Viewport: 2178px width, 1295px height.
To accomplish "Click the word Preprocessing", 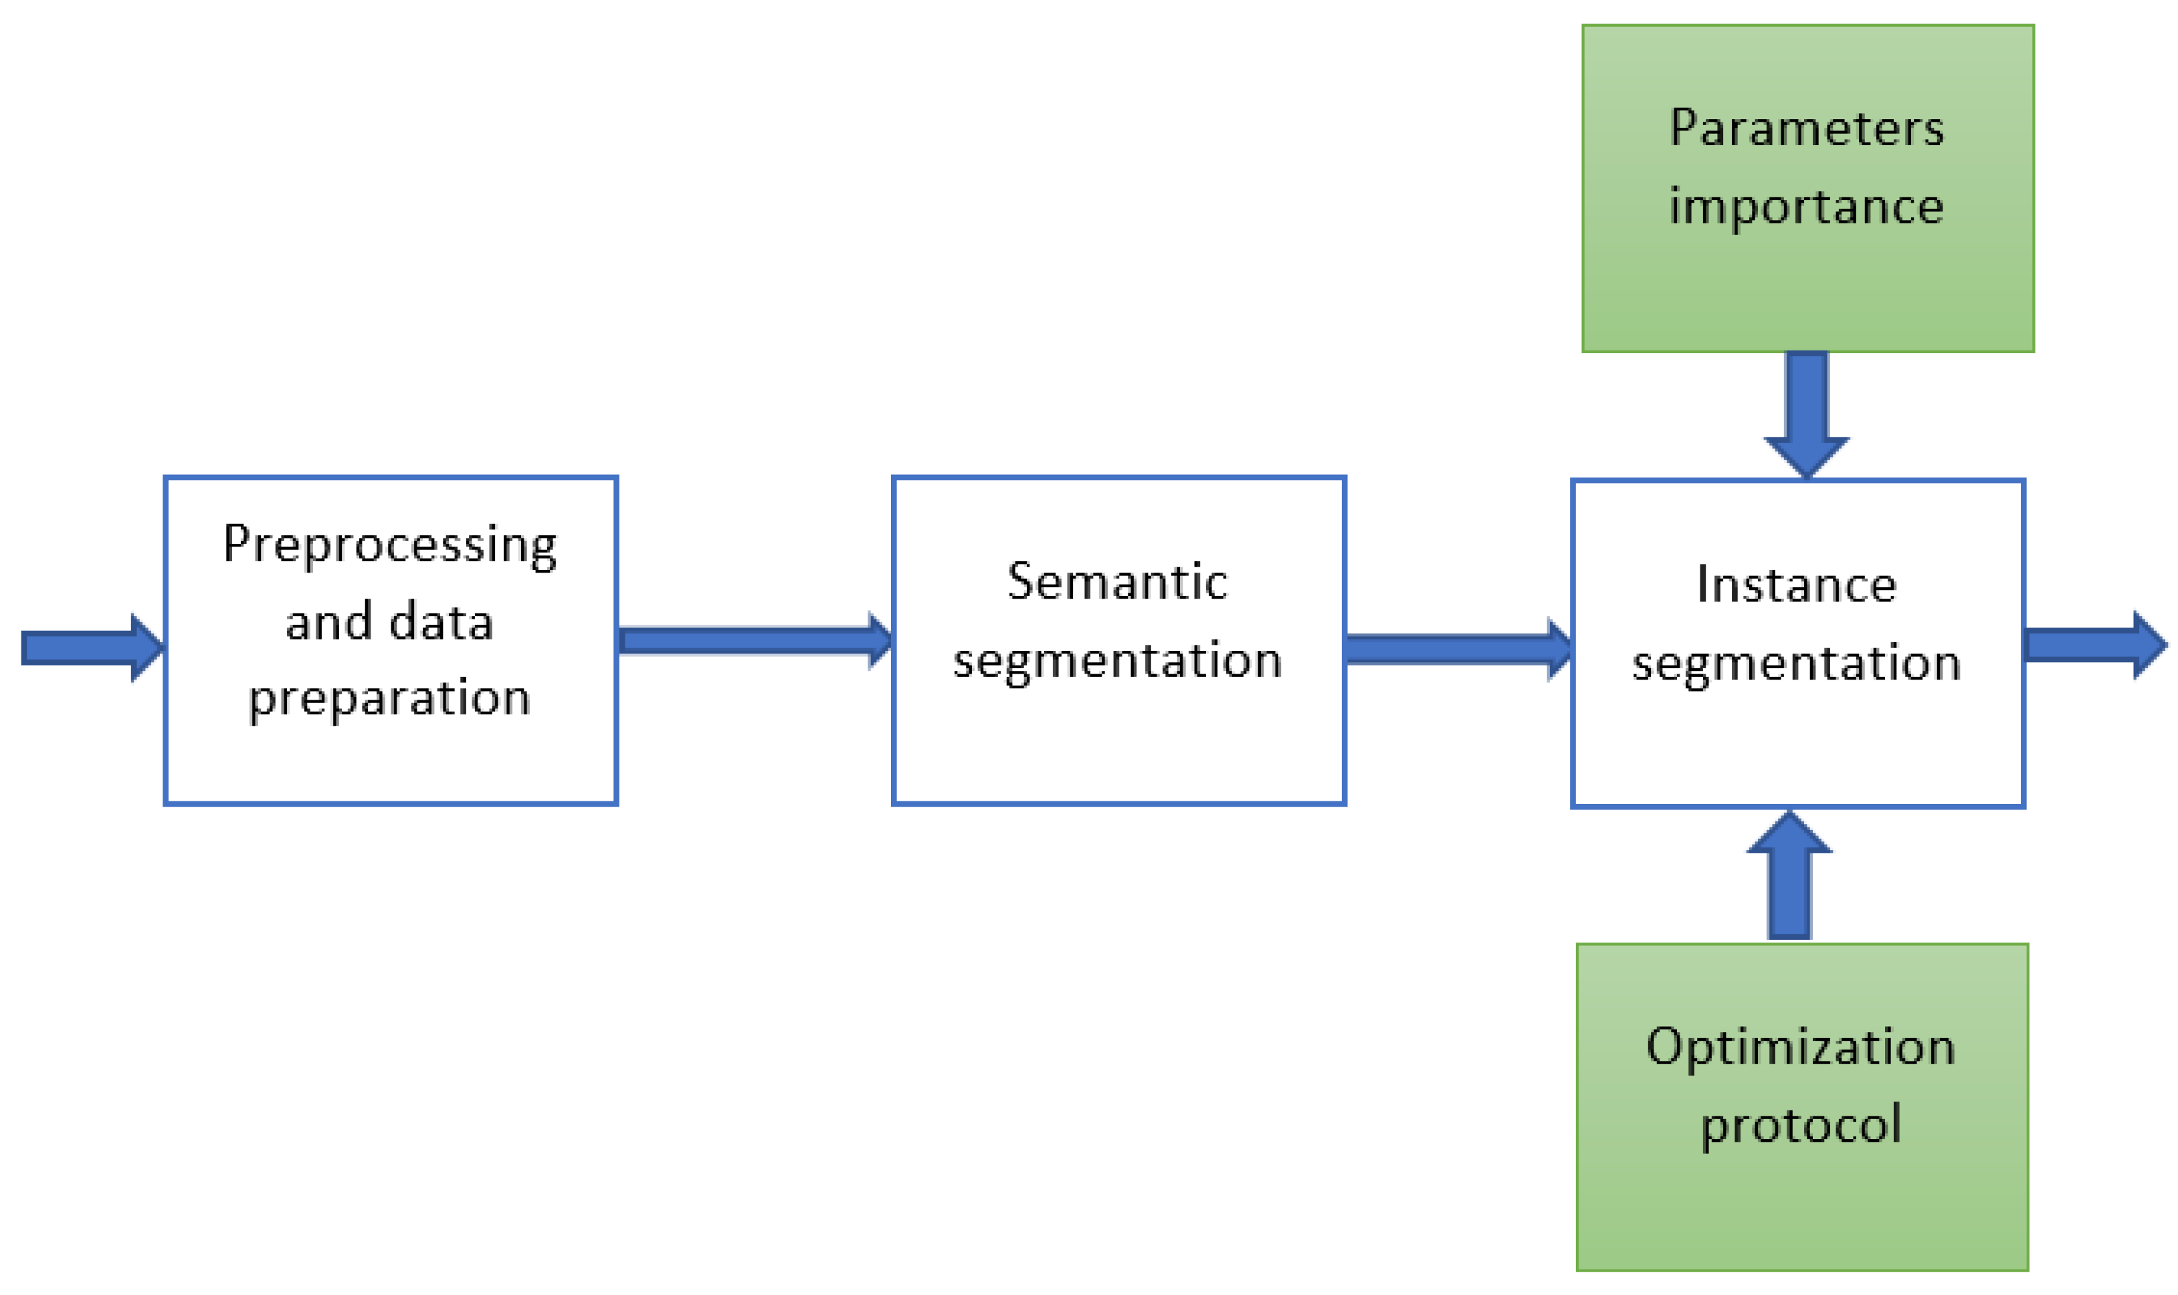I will tap(389, 544).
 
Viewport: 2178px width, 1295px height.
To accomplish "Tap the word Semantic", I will tap(1117, 582).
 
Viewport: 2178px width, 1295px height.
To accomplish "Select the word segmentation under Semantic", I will tap(1117, 662).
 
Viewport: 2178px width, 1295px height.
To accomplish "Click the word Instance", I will tap(1796, 585).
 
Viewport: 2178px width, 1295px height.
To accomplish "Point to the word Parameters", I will tap(1806, 128).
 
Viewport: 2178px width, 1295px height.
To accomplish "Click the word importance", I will tap(1806, 207).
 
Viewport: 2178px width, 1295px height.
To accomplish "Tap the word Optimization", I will tap(1800, 1046).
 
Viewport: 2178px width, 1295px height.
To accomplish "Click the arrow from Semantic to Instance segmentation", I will tap(1457, 650).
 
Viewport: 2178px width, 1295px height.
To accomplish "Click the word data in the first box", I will tap(441, 623).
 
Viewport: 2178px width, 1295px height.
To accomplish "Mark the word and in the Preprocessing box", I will tap(328, 623).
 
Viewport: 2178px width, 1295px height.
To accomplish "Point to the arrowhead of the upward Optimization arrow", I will tap(1789, 833).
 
